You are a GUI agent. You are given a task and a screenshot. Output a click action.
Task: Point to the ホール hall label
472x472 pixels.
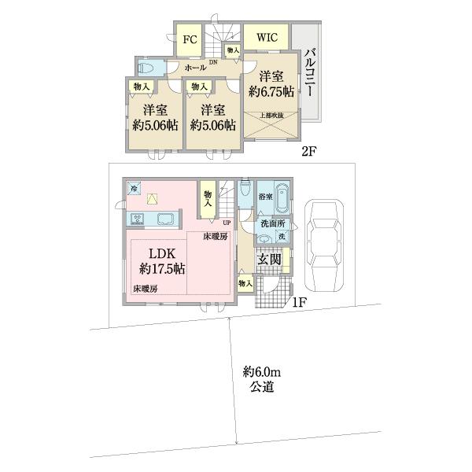[x=195, y=68]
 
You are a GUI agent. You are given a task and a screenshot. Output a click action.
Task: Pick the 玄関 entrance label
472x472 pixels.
[x=269, y=260]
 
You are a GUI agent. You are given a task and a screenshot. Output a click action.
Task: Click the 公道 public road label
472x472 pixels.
[x=262, y=387]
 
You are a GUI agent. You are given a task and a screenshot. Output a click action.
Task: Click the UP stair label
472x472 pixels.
[x=214, y=223]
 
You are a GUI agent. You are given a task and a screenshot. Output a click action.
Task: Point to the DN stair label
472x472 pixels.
[x=212, y=62]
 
